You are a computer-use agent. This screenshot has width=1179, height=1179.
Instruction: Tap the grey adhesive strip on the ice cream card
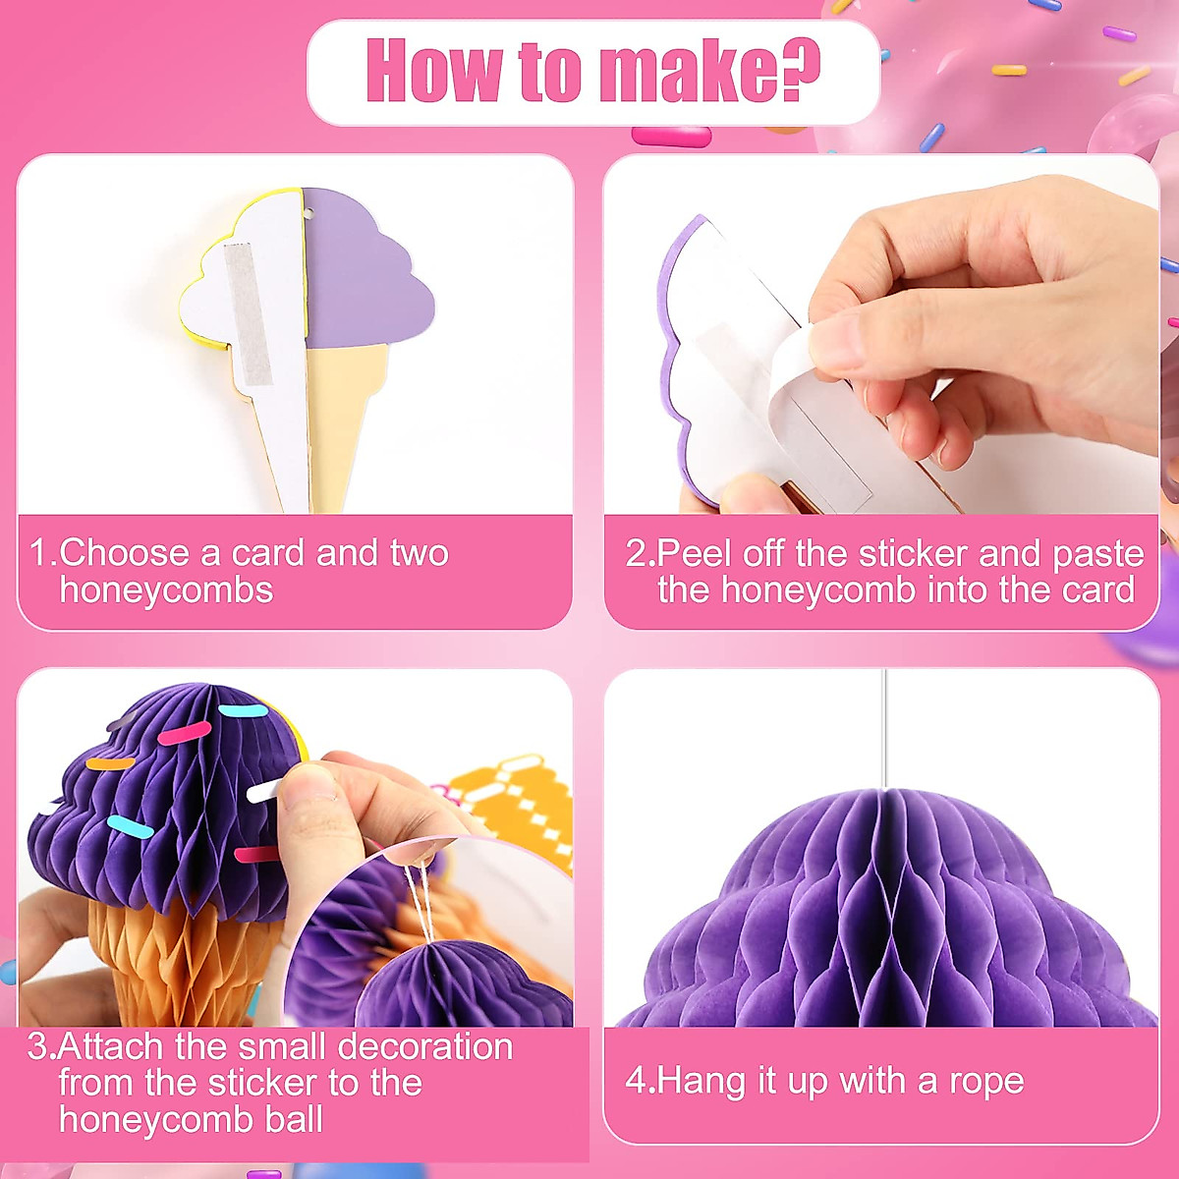tap(248, 312)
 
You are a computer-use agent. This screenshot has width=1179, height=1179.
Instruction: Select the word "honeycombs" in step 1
tap(166, 590)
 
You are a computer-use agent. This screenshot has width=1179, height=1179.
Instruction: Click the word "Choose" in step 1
tap(124, 553)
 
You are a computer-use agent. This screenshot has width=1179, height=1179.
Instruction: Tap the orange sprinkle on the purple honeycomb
tap(110, 762)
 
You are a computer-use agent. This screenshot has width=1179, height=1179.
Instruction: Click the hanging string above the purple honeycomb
tap(884, 727)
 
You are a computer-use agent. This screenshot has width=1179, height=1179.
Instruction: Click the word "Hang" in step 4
tap(702, 1082)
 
